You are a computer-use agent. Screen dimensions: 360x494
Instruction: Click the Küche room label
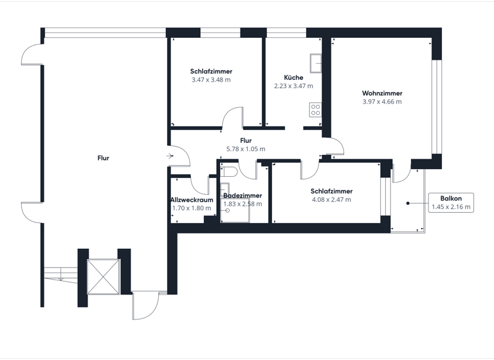293,77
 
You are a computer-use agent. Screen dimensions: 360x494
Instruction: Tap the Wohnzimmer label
382,93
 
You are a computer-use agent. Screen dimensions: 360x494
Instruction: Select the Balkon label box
451,203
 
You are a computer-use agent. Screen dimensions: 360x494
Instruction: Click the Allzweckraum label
192,200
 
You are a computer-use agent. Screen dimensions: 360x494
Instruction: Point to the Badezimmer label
242,195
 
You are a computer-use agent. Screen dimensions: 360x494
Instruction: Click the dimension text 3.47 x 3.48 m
211,80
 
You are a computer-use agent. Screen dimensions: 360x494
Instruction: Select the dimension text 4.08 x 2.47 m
331,199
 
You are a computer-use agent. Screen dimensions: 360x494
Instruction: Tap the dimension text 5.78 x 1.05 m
246,148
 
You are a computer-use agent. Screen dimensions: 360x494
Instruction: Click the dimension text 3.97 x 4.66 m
382,102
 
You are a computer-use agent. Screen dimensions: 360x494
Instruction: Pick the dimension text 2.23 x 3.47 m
293,85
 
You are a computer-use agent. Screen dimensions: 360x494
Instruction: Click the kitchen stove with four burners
315,110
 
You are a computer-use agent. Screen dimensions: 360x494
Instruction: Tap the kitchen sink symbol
316,62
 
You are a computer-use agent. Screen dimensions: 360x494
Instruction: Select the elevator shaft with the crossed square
104,276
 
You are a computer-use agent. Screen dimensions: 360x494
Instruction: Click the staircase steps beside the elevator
61,274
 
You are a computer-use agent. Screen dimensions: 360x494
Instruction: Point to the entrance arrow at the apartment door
169,156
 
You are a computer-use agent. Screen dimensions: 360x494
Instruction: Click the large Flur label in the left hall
103,157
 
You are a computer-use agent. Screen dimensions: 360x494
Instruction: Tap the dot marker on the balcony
408,204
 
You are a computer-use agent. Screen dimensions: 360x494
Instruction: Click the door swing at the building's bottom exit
145,305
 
